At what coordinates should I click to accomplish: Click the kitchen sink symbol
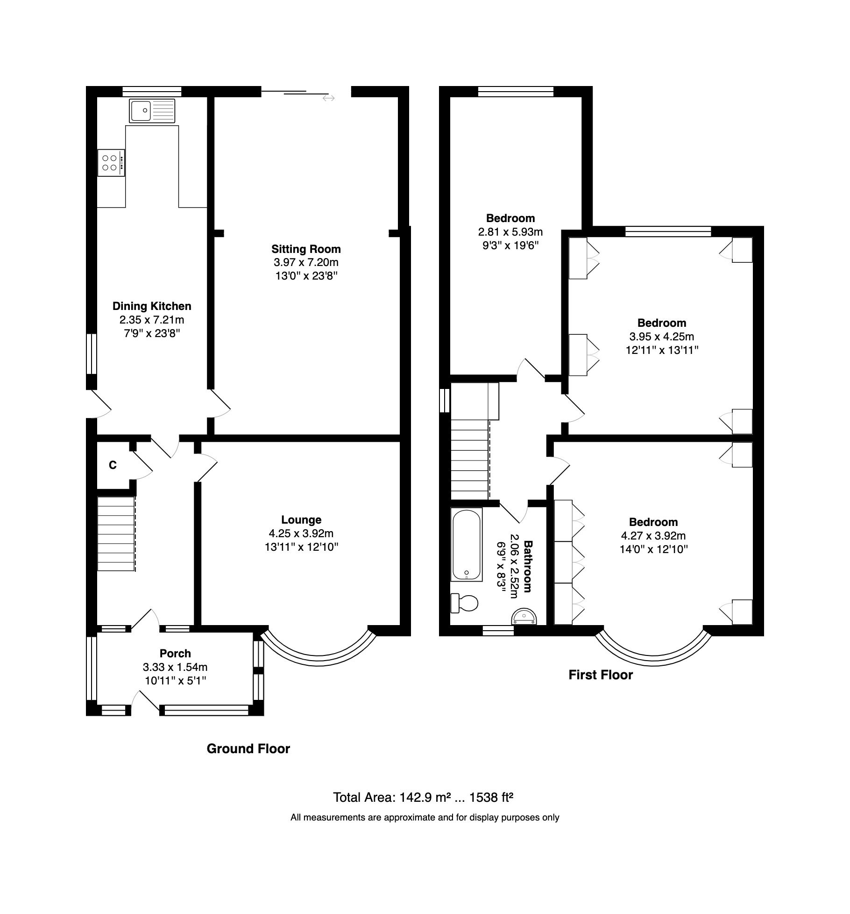click(152, 111)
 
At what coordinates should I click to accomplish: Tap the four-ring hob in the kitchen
click(111, 163)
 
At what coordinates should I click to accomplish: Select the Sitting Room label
click(306, 249)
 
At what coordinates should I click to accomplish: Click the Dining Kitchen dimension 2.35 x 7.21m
click(152, 320)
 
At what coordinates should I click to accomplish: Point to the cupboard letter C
click(113, 465)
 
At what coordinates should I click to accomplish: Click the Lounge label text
click(301, 519)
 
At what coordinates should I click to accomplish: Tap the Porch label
click(175, 653)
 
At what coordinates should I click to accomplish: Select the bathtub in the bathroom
click(467, 544)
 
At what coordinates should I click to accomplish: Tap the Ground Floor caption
click(248, 748)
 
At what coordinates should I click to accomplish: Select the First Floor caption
click(600, 675)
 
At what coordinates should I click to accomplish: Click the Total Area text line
click(423, 797)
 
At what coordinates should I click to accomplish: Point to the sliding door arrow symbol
click(328, 98)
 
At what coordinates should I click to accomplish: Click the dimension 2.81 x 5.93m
click(510, 231)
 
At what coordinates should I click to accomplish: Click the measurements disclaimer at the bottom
click(425, 817)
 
